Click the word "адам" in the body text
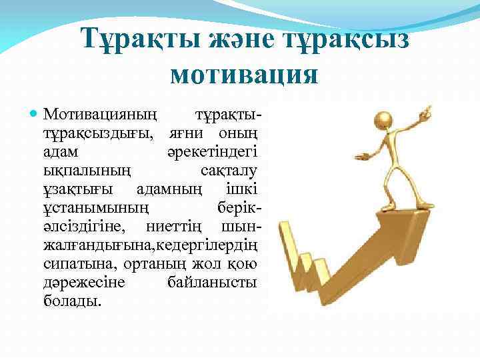[60, 151]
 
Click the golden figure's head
[385, 121]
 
